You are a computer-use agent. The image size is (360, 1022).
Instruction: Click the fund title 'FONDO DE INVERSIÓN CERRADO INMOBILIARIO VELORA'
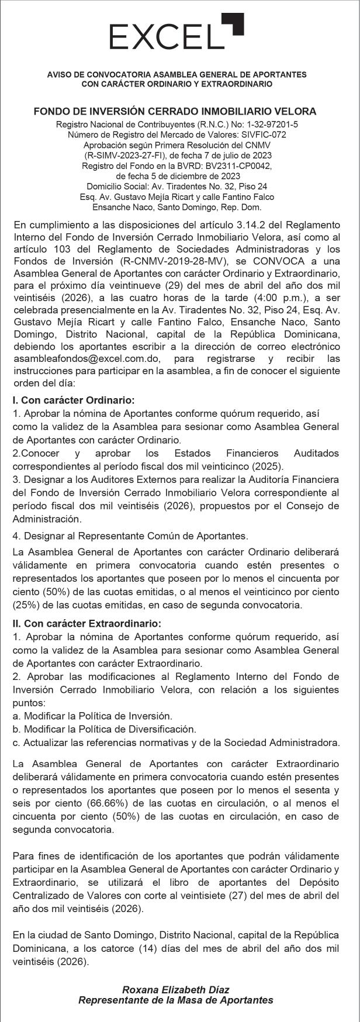[175, 111]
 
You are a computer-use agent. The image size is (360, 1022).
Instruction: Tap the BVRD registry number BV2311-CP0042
[238, 165]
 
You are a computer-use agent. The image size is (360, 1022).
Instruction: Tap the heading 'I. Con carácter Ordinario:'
[74, 400]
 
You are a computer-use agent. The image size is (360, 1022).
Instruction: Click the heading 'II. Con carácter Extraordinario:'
[86, 624]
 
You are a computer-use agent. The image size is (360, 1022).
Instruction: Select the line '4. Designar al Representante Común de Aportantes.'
[130, 536]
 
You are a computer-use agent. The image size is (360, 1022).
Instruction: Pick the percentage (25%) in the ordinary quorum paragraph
[27, 605]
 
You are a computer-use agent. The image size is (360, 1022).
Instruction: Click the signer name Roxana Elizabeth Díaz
[175, 990]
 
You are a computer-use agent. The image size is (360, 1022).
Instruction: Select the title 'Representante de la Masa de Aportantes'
[175, 1000]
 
